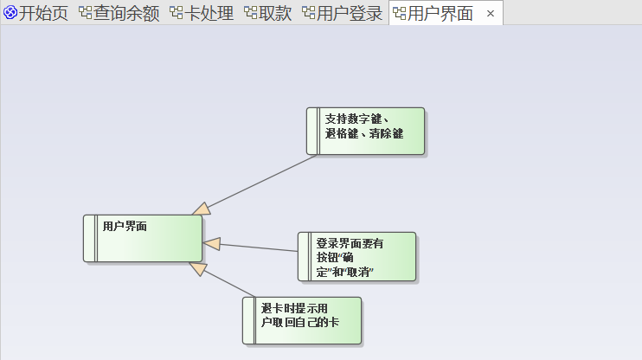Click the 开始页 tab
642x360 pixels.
[42, 13]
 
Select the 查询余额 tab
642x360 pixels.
[126, 13]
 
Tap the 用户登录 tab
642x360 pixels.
[350, 13]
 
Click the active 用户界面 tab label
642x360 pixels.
[440, 13]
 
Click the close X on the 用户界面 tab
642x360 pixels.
[491, 13]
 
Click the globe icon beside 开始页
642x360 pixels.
[10, 13]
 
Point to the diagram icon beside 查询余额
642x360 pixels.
[85, 13]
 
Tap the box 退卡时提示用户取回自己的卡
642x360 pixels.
[302, 320]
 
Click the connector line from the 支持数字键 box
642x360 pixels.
[260, 183]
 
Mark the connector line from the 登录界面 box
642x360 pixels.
[260, 247]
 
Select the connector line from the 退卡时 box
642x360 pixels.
[229, 282]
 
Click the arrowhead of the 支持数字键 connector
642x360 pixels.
[202, 209]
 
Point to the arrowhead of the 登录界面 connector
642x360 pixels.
[212, 244]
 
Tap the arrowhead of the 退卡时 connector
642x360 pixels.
[198, 268]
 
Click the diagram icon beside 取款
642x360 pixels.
[250, 13]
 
